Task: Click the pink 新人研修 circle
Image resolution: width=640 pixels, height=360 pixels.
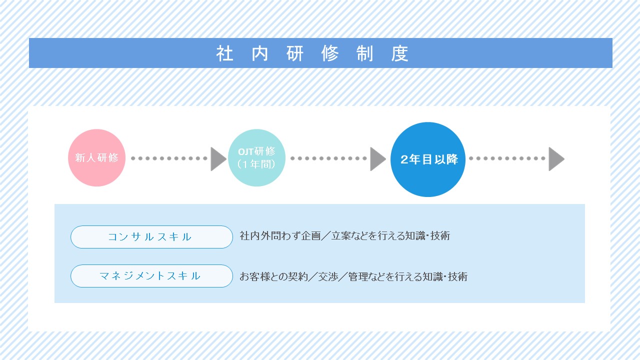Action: coord(96,157)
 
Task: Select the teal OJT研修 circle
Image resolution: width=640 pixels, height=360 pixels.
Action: coord(256,157)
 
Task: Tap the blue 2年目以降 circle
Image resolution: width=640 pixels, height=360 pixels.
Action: coord(428,159)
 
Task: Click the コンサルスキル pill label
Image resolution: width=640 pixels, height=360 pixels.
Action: coord(151,237)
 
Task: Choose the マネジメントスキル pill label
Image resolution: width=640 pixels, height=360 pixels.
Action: coord(151,276)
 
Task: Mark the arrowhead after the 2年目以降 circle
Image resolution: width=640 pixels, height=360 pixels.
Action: coord(556,159)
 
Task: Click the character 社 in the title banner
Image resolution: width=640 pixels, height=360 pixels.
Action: coord(225,53)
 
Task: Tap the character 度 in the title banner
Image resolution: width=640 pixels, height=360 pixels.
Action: coord(399,53)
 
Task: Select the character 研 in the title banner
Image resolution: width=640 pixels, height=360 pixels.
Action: coord(295,53)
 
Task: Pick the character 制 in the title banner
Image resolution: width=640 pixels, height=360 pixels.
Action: coord(365,53)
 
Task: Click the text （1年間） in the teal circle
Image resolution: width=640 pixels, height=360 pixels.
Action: coord(256,164)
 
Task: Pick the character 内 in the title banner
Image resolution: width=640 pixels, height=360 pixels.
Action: coord(259,53)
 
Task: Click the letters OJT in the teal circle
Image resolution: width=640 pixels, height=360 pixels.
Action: coord(246,151)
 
